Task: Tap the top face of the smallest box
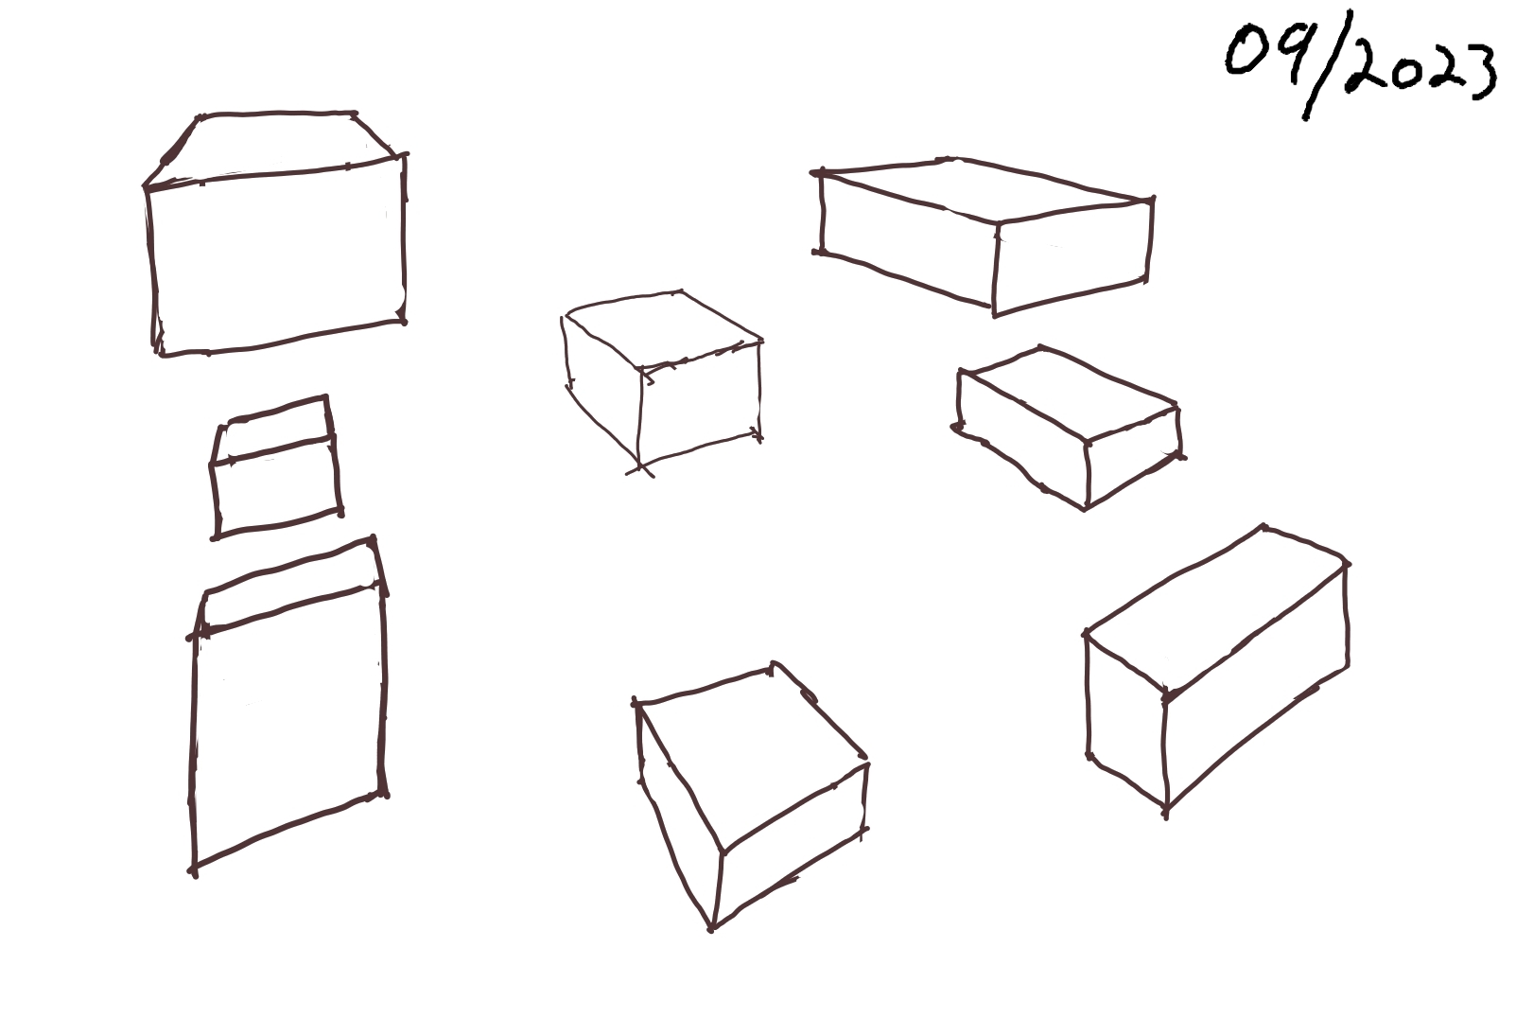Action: (x=274, y=430)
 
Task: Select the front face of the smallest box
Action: (x=276, y=486)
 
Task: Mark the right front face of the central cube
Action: (x=700, y=405)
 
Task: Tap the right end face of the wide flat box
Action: (x=1072, y=257)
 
